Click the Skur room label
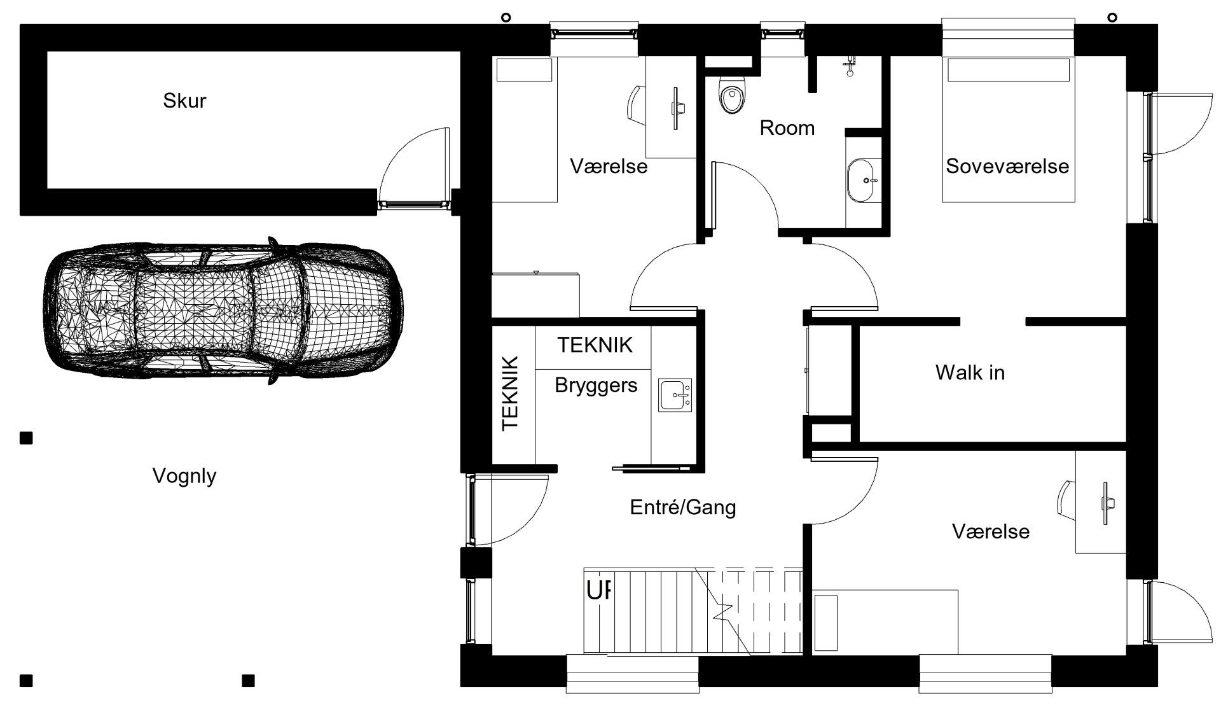[184, 101]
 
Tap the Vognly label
[184, 476]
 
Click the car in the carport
[222, 311]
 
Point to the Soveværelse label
[1007, 166]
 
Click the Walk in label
[970, 372]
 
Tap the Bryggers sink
[675, 395]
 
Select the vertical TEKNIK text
[511, 393]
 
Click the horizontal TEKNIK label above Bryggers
[595, 345]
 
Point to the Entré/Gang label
[683, 507]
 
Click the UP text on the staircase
[598, 591]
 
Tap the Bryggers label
[596, 385]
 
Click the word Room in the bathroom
[787, 128]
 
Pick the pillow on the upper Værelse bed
[524, 70]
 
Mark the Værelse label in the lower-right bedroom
[991, 531]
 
